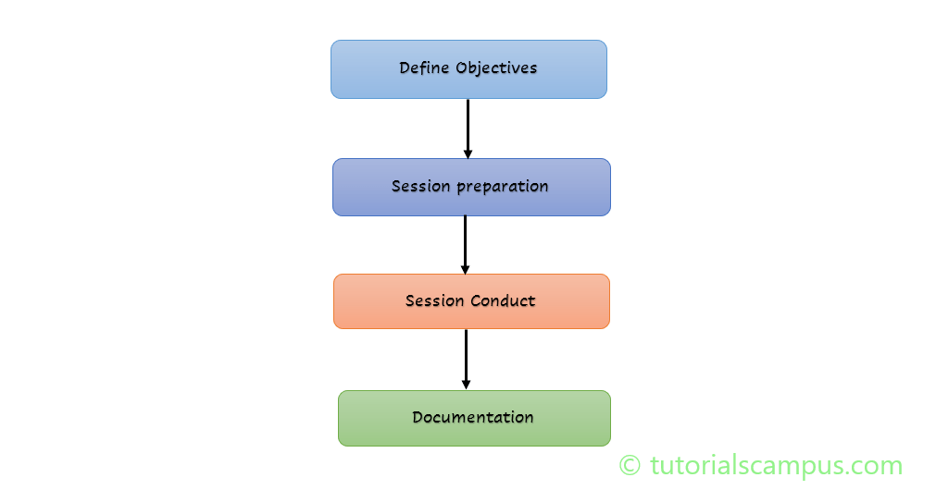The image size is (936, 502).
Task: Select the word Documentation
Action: [473, 417]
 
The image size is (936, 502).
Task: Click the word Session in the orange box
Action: [435, 301]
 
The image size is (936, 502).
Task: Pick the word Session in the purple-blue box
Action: [421, 187]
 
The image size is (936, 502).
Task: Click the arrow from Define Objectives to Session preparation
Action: [468, 125]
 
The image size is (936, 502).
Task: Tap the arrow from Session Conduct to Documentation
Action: [466, 356]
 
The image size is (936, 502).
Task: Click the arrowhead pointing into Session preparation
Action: [468, 153]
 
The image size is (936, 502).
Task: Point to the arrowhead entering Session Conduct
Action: [465, 268]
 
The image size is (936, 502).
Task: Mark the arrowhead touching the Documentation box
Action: [466, 384]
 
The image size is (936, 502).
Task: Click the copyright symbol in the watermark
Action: [630, 466]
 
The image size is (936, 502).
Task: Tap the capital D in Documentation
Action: [418, 417]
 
